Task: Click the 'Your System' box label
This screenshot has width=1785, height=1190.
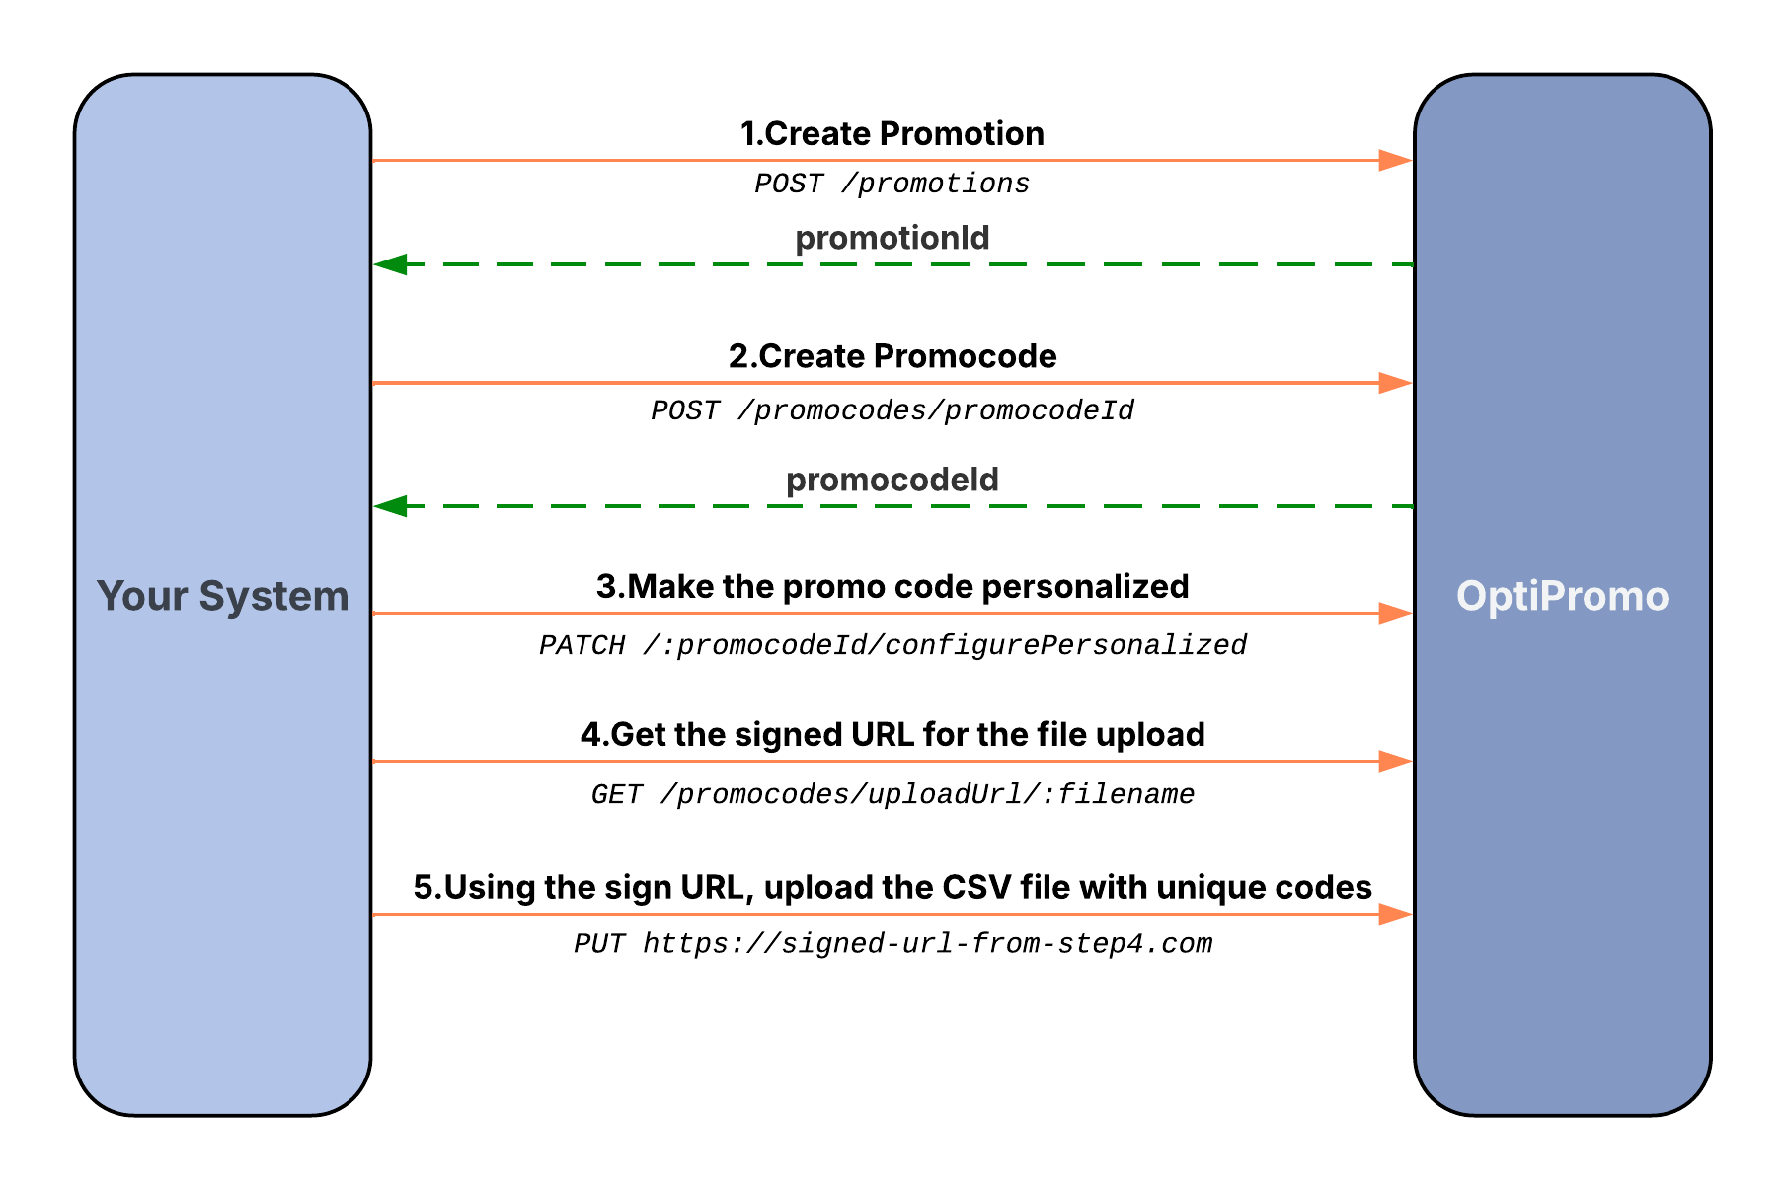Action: [x=222, y=596]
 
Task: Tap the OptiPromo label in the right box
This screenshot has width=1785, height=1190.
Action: [x=1562, y=596]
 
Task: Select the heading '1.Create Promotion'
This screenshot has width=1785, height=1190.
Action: [x=892, y=133]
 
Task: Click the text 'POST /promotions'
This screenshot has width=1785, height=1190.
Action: [x=892, y=184]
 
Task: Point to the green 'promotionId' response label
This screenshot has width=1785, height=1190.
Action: [x=892, y=238]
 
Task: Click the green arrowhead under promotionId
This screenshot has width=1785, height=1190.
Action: [x=391, y=264]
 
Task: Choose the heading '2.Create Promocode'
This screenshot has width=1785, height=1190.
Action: [x=892, y=355]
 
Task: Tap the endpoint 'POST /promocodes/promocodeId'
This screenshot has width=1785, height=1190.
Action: [x=892, y=410]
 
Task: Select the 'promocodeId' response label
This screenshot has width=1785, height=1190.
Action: [x=892, y=480]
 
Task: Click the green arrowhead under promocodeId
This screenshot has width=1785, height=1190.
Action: [x=391, y=506]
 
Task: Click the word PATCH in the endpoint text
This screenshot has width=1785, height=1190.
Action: [x=582, y=645]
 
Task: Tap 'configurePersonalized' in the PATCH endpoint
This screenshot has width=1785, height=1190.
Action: [x=1065, y=645]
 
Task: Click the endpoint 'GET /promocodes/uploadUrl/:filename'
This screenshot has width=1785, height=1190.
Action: [x=892, y=794]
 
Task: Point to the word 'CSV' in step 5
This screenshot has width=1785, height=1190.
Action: [x=976, y=887]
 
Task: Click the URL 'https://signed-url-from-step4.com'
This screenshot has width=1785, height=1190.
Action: [x=927, y=944]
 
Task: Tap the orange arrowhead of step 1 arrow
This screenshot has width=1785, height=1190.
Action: [x=1395, y=160]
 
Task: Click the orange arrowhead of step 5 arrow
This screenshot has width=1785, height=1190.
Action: [x=1395, y=915]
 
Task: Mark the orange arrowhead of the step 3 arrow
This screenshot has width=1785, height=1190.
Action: [x=1395, y=614]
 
